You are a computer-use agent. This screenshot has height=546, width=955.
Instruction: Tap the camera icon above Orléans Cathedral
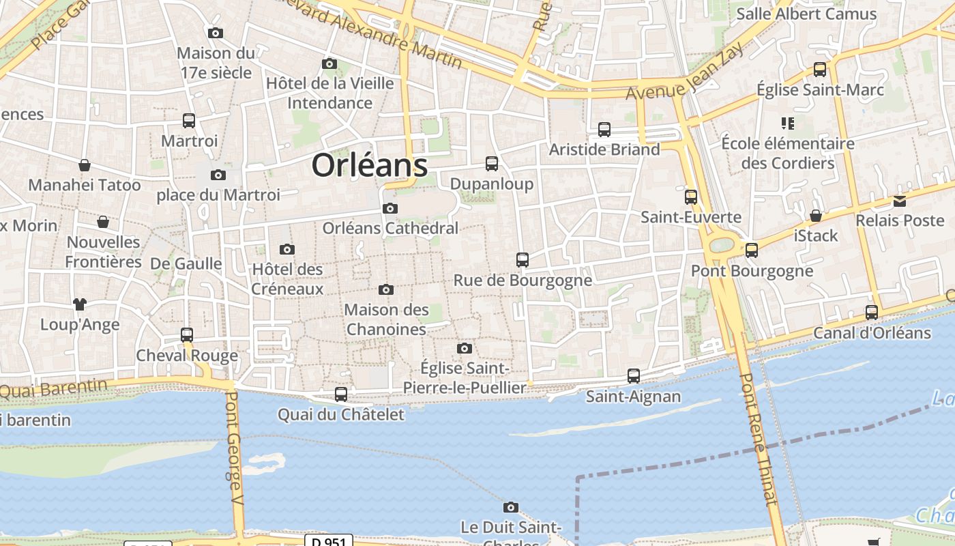pos(390,208)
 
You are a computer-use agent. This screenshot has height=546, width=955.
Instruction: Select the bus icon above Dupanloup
pos(491,163)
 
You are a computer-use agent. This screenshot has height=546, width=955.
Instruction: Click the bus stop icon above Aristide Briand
pos(604,129)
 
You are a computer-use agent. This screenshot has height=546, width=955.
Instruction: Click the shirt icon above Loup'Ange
pos(80,304)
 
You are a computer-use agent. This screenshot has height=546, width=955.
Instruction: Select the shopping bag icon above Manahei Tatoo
pos(84,164)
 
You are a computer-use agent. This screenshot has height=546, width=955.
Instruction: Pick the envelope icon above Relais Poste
pos(900,201)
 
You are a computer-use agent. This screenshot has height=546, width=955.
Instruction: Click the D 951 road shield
pos(328,541)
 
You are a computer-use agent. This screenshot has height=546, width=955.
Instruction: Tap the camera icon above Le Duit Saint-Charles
pos(510,507)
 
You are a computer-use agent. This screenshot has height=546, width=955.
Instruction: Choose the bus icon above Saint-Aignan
pos(633,375)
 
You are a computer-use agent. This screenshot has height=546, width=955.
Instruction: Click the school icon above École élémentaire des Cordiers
pos(788,124)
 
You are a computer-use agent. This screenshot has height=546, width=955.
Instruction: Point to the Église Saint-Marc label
pos(820,89)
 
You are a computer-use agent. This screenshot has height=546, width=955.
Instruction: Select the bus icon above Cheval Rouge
pos(186,334)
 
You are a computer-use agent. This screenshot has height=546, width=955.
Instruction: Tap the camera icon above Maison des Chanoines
pos(385,289)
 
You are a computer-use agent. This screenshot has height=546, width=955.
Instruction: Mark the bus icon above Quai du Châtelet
pos(340,394)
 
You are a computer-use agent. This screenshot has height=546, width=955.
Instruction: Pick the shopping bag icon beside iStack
pos(815,216)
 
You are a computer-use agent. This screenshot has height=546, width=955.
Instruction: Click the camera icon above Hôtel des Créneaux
pos(286,249)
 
